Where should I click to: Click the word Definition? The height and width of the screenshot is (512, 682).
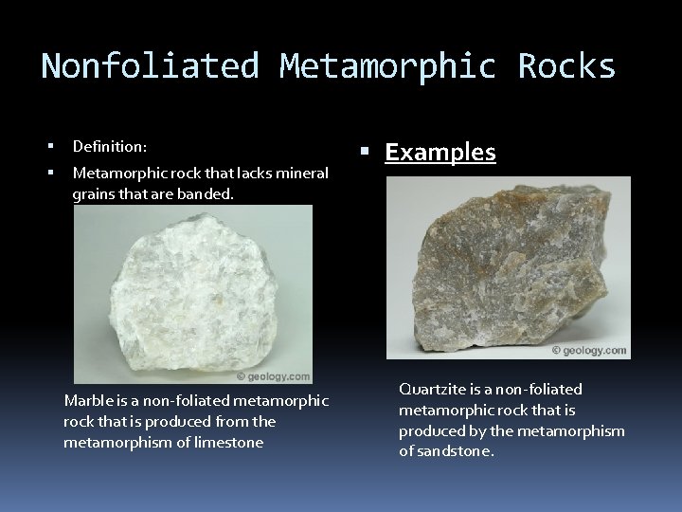(109, 147)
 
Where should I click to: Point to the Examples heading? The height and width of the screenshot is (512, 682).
(440, 153)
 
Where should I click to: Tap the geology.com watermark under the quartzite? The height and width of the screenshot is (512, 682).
(590, 351)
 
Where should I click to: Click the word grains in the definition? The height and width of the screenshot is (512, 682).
(92, 194)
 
